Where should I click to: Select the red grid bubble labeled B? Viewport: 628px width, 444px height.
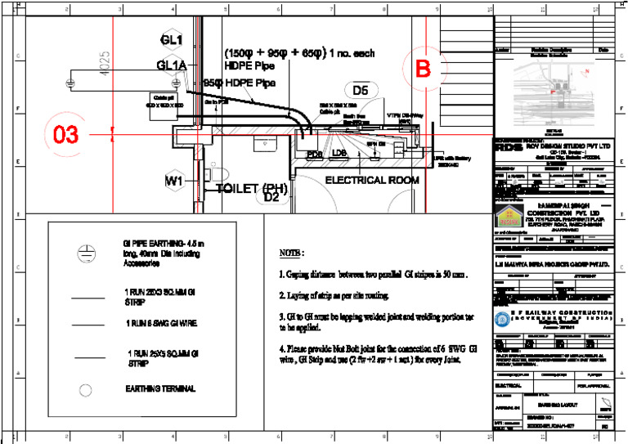click(x=423, y=70)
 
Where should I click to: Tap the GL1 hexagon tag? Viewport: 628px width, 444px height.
click(x=172, y=40)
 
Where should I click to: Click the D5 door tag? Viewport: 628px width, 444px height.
click(x=361, y=90)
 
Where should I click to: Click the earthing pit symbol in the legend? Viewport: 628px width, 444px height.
click(x=83, y=254)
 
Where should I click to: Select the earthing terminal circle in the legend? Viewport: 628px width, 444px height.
click(x=83, y=389)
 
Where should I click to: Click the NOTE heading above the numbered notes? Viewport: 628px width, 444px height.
click(x=292, y=253)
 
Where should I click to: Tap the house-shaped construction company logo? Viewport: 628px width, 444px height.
click(x=506, y=218)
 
